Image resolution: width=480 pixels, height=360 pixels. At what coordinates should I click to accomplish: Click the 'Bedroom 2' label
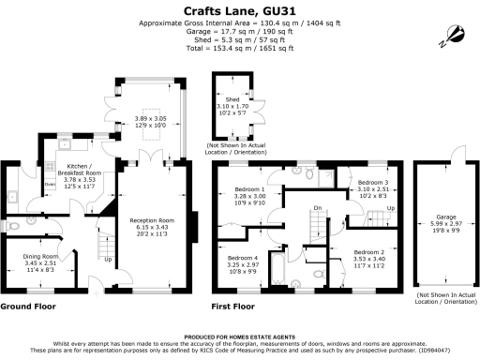point(368,252)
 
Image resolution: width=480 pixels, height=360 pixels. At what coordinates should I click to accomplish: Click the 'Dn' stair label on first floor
point(318,208)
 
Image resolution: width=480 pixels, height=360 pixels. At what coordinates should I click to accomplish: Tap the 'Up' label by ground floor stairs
point(109,260)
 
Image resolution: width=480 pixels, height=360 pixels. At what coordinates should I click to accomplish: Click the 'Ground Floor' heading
point(26,307)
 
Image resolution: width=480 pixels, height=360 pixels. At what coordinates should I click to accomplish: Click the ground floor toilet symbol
point(7,226)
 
